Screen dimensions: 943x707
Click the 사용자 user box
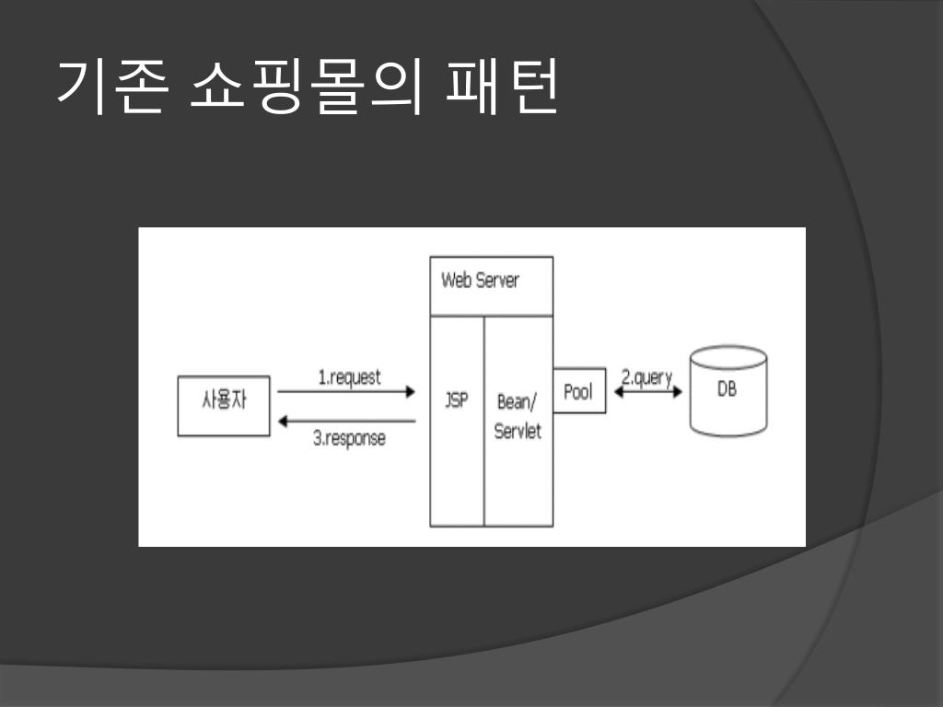point(224,405)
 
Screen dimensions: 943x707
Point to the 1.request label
point(349,377)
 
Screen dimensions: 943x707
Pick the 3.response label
point(349,438)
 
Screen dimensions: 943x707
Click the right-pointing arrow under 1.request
point(346,392)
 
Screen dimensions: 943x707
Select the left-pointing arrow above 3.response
point(346,422)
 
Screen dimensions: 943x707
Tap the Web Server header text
point(480,280)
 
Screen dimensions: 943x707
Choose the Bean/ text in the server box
point(517,401)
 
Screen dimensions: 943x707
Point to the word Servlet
point(518,431)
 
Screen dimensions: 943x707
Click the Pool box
point(579,392)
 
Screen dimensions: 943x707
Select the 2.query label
point(646,377)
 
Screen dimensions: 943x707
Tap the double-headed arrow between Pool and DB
point(648,392)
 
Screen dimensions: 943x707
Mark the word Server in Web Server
point(497,280)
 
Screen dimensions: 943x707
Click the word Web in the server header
point(457,280)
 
